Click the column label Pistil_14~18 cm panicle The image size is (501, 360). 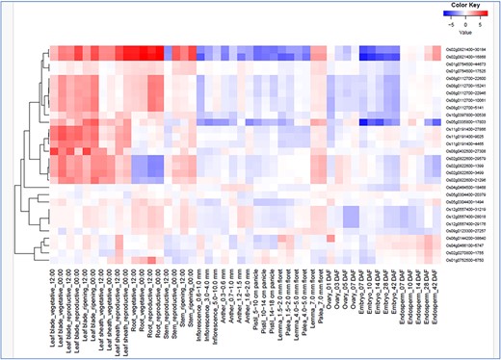click(269, 308)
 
